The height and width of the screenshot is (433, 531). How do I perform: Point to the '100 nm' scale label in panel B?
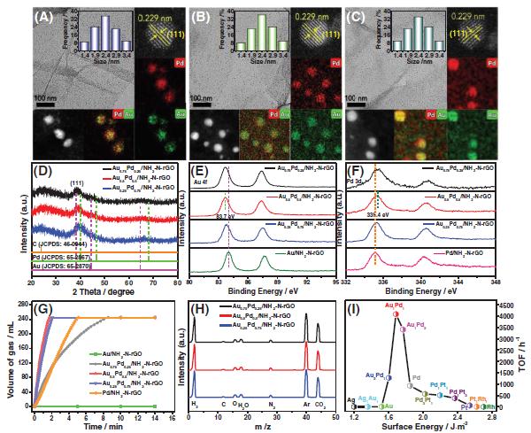tap(203, 92)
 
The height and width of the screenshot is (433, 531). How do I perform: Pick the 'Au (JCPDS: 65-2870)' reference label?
tap(64, 265)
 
